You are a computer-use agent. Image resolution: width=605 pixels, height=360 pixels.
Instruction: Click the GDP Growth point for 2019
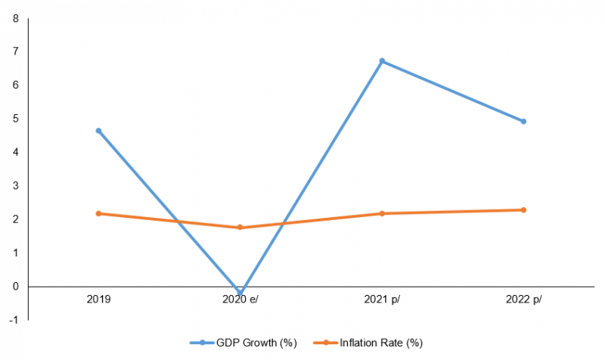98,131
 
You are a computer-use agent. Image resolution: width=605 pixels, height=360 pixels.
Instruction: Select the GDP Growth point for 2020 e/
240,293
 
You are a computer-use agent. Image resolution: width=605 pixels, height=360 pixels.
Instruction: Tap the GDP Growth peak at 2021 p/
382,61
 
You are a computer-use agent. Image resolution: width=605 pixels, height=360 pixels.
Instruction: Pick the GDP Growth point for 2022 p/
523,121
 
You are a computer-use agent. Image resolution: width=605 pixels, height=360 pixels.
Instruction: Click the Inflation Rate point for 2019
98,213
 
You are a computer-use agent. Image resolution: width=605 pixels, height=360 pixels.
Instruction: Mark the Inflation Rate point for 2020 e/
240,227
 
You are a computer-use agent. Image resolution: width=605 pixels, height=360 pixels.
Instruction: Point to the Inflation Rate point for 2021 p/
382,213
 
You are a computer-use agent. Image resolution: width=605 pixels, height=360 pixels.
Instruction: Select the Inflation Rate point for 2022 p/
523,209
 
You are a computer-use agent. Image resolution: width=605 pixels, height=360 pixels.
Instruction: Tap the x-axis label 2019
98,299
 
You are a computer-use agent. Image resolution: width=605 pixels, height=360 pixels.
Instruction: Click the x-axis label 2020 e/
240,299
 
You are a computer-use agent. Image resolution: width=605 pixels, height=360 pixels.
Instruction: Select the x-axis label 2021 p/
382,299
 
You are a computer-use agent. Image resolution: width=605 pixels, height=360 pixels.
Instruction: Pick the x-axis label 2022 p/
523,299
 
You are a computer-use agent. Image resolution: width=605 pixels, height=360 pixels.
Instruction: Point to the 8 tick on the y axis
16,18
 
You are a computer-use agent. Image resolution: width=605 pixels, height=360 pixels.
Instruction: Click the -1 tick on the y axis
14,320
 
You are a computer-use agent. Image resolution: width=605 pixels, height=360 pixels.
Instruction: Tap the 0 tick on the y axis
16,287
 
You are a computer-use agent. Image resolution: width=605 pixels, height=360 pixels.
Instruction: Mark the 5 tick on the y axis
16,119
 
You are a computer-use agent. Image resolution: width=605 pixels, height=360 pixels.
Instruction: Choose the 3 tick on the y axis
16,186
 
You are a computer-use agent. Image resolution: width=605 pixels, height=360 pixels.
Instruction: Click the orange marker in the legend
326,343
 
